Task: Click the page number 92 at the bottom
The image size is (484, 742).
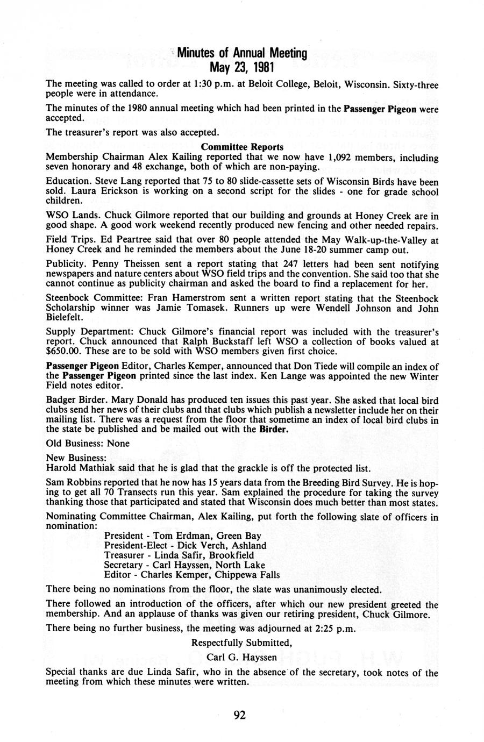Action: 240,715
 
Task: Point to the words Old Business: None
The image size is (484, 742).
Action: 88,444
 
